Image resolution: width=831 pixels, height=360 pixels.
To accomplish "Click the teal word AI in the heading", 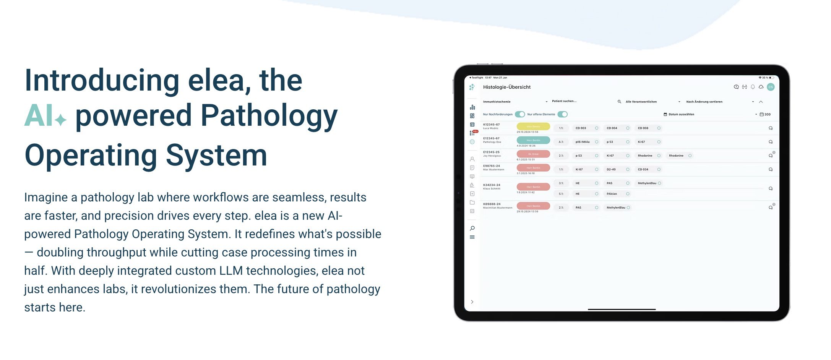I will pyautogui.click(x=39, y=116).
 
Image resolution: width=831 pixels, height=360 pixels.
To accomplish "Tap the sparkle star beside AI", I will pyautogui.click(x=60, y=120).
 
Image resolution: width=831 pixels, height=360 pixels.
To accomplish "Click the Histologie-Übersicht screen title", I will pyautogui.click(x=506, y=87).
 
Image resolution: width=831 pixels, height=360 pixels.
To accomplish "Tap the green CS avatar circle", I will pyautogui.click(x=771, y=87).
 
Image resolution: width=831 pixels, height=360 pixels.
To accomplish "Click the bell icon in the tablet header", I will pyautogui.click(x=753, y=87).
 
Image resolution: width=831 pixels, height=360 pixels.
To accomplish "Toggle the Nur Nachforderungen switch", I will pyautogui.click(x=520, y=114).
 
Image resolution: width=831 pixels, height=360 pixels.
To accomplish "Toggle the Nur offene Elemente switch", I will pyautogui.click(x=562, y=114).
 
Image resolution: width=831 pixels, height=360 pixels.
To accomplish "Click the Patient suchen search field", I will pyautogui.click(x=564, y=101).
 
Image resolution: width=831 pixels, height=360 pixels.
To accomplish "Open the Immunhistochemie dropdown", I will pyautogui.click(x=515, y=102).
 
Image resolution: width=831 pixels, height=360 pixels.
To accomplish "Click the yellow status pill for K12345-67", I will pyautogui.click(x=533, y=126).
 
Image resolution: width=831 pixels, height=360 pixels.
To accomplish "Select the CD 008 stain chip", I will pyautogui.click(x=643, y=128).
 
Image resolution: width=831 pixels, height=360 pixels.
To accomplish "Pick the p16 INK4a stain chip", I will pyautogui.click(x=583, y=142).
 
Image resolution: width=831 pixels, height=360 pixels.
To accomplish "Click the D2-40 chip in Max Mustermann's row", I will pyautogui.click(x=611, y=169).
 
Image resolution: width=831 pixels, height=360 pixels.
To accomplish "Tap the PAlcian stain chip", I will pyautogui.click(x=612, y=194).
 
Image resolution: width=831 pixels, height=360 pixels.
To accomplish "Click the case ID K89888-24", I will pyautogui.click(x=492, y=204).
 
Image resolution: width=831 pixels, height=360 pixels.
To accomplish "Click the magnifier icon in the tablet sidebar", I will pyautogui.click(x=472, y=228).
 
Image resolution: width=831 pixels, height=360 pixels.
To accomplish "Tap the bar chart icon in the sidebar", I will pyautogui.click(x=472, y=107).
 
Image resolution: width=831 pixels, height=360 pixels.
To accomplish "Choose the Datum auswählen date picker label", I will pyautogui.click(x=681, y=114).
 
